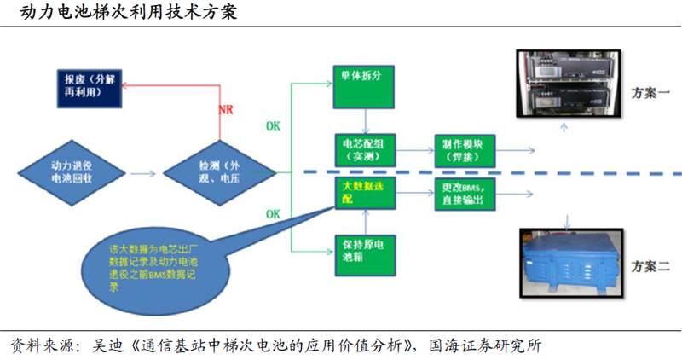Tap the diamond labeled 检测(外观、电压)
point(220,173)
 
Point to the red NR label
point(226,111)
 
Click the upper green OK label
point(272,125)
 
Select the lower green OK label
point(272,212)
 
